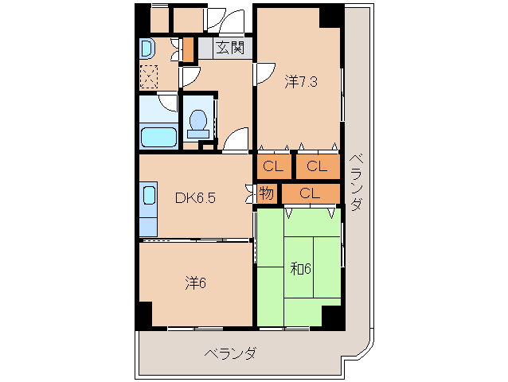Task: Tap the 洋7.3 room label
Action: (x=301, y=81)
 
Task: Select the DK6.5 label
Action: (x=194, y=198)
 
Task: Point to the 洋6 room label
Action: (x=196, y=282)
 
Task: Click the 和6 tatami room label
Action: (x=300, y=269)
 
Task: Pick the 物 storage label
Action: (x=266, y=193)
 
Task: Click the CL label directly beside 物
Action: (x=311, y=193)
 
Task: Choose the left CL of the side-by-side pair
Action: (x=273, y=166)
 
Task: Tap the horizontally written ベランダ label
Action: (x=229, y=353)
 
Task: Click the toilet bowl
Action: (x=198, y=122)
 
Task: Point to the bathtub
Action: (x=158, y=135)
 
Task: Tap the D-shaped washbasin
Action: (x=147, y=49)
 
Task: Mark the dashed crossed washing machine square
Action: (x=149, y=76)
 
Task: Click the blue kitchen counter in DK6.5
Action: (x=149, y=197)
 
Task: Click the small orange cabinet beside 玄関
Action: (x=189, y=49)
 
